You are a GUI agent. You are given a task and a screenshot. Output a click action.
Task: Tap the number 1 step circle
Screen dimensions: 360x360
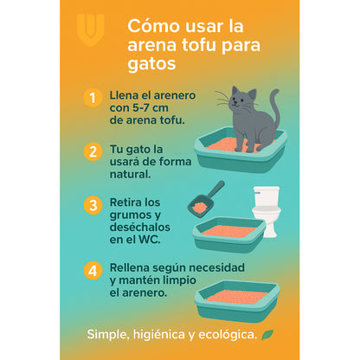click(x=93, y=97)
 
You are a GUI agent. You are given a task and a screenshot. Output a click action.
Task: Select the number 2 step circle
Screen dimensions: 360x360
click(x=93, y=151)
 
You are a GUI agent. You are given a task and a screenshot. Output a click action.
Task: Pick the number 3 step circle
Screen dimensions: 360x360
click(x=93, y=206)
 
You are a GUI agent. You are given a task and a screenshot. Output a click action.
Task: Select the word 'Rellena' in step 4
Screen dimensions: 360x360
click(x=132, y=267)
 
